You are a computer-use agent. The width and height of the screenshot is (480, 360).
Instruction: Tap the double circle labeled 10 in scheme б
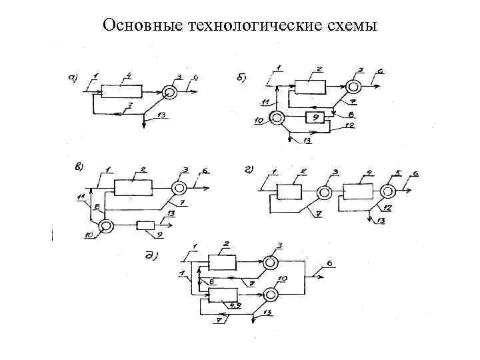277,119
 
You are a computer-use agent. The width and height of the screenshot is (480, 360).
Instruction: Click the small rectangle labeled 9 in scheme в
145,225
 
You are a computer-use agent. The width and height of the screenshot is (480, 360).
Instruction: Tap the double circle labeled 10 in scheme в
105,226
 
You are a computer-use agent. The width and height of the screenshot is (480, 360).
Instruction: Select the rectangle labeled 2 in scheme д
222,262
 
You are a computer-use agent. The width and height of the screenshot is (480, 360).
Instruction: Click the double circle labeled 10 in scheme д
271,294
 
